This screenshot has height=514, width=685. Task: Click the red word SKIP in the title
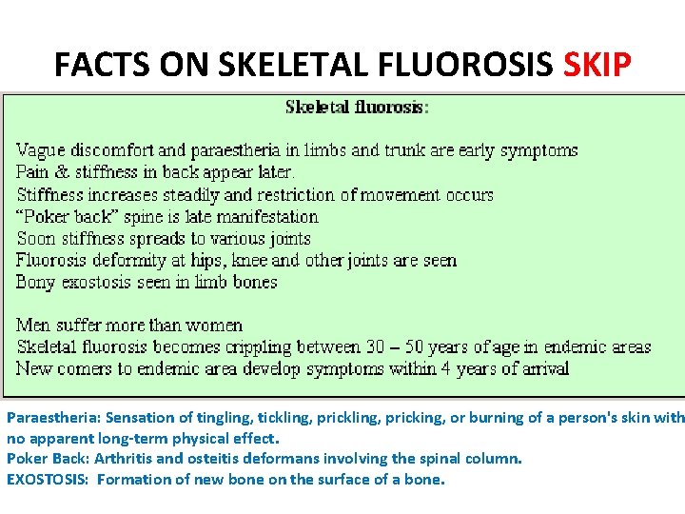point(597,64)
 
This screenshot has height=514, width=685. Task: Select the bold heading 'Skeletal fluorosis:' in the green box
point(357,107)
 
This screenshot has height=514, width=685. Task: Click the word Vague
point(41,150)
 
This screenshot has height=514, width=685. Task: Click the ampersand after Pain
point(67,172)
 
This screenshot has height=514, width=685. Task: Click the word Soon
point(36,238)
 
